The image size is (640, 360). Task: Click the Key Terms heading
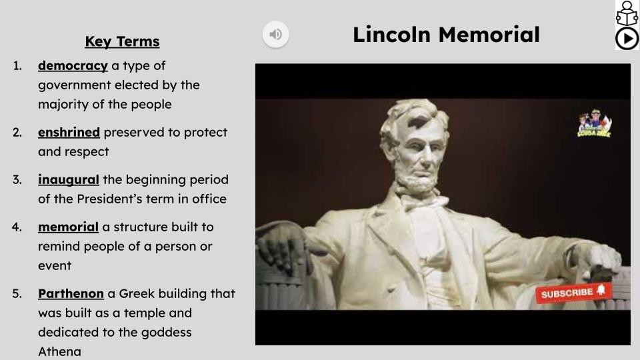click(x=122, y=41)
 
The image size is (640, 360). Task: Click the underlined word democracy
click(x=73, y=65)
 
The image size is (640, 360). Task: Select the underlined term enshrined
click(x=69, y=132)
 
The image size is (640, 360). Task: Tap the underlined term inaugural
click(x=68, y=179)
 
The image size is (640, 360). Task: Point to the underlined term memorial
click(x=68, y=227)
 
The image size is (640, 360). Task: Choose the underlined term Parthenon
click(x=71, y=293)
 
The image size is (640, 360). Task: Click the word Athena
click(x=59, y=351)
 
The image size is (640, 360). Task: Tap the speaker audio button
click(x=275, y=34)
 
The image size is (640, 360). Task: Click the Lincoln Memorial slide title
click(x=446, y=34)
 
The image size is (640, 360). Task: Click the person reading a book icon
click(x=627, y=13)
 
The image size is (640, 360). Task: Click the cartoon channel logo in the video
click(x=593, y=124)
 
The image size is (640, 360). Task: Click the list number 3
click(x=17, y=179)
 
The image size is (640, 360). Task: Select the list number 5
click(x=17, y=293)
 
